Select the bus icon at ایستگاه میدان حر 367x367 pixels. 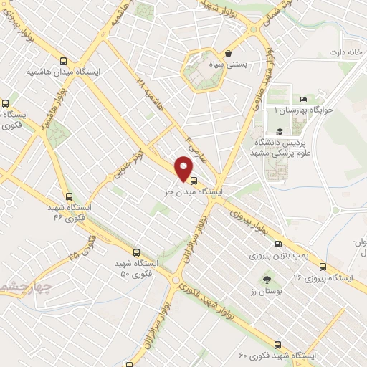pos(195,180)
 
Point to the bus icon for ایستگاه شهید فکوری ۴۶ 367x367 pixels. pos(70,196)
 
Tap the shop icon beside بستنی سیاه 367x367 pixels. pos(228,53)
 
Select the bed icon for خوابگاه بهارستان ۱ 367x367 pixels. pos(303,99)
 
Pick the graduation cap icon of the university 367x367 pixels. pos(279,131)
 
